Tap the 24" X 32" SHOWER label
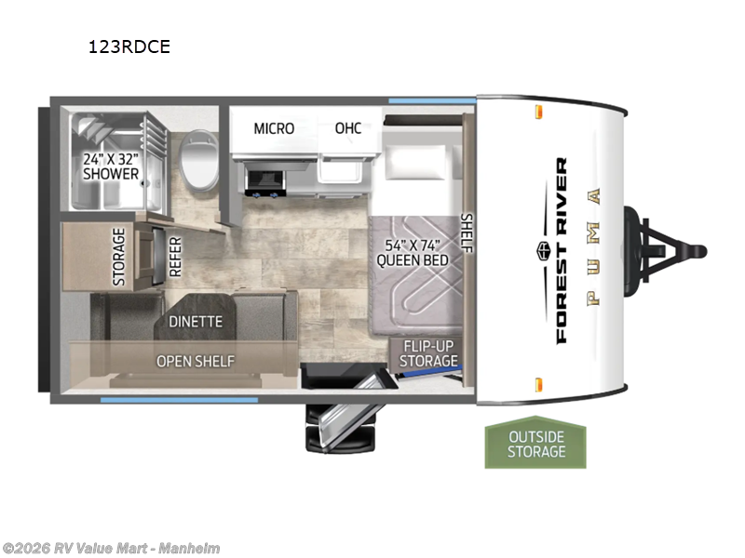[111, 166]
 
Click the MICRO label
[274, 128]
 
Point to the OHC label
[347, 128]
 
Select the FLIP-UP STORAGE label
[428, 353]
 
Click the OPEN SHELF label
[195, 361]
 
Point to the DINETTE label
[196, 322]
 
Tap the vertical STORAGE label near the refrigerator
[118, 257]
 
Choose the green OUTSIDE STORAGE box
[535, 444]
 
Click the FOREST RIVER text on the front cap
[561, 251]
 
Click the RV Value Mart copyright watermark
[111, 549]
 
